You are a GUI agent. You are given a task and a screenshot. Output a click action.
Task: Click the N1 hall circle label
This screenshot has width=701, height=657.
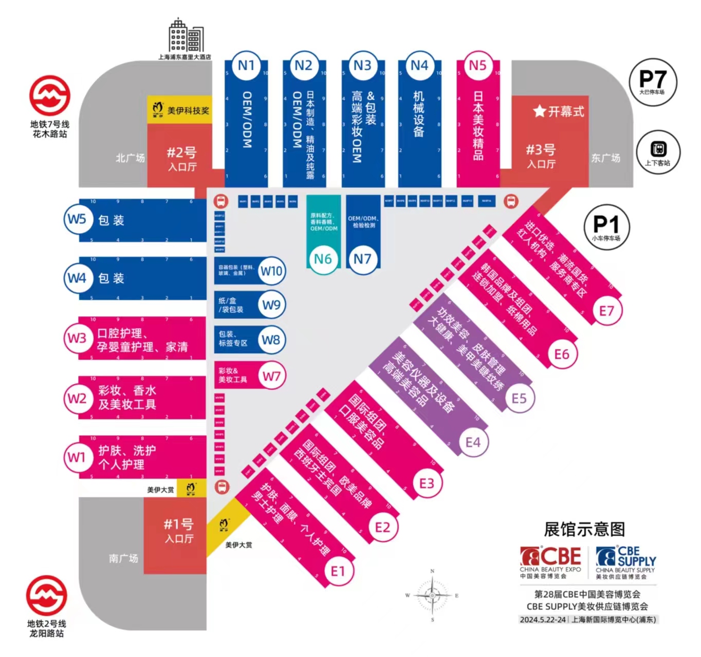coord(246,66)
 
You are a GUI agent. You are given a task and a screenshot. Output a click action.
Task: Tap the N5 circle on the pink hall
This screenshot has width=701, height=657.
coord(477,66)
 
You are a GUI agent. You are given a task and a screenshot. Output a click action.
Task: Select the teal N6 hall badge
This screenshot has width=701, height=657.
coord(323,259)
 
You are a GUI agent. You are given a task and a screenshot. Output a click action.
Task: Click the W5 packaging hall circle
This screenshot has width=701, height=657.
coord(77,219)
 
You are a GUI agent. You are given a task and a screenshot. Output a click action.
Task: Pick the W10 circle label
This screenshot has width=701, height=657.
coord(271,270)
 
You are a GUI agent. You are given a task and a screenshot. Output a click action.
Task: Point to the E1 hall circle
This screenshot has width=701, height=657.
coord(338,571)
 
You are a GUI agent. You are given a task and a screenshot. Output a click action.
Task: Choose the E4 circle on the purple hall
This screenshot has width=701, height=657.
coord(473,442)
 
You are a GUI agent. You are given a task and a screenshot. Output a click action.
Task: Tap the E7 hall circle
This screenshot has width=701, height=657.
coord(606,311)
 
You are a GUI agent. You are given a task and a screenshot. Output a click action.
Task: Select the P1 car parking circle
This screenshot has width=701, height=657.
coord(606,226)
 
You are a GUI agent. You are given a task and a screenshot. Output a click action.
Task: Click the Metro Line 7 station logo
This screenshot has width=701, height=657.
coord(49,96)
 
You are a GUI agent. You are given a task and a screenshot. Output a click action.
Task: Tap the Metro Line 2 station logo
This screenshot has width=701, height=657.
coord(47,595)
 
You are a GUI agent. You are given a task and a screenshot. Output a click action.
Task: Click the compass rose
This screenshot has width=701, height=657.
coord(432,595)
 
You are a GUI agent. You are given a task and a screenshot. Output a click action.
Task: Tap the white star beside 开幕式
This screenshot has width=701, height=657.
coord(539,111)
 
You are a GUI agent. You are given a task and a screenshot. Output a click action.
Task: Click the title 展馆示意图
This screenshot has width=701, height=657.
coord(584,529)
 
